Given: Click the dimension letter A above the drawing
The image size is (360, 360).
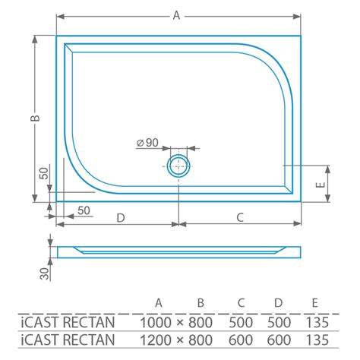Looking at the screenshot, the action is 176,15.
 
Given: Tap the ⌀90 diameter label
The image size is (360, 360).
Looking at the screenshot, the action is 147,143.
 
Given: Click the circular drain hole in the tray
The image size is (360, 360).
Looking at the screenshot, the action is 178,166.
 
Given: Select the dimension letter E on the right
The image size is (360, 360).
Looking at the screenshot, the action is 321,185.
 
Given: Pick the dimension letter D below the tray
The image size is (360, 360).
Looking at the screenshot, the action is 121,218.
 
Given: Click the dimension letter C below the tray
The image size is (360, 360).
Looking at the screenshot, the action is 240,217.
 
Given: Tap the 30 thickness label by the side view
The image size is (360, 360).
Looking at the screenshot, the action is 45,273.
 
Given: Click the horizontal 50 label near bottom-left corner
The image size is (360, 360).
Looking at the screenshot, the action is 84,210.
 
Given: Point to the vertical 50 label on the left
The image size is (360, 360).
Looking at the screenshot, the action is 44,173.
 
